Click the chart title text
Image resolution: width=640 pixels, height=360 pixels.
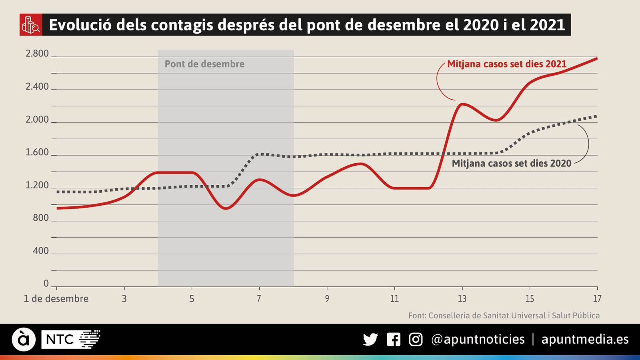pos(306,25)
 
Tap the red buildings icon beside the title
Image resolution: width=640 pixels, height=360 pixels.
pos(31,25)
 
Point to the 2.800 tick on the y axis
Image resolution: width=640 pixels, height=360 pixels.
pos(37,54)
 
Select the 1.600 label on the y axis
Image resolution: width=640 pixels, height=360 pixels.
pos(37,152)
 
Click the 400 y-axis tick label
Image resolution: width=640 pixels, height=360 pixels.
pos(40,251)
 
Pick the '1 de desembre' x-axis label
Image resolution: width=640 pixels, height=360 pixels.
pos(56,299)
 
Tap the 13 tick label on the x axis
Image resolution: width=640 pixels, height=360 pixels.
pos(462,299)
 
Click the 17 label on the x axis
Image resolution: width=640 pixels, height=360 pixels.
pos(597,299)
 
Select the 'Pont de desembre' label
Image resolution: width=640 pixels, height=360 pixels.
pos(204,64)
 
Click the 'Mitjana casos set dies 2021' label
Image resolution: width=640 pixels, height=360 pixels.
pos(507,64)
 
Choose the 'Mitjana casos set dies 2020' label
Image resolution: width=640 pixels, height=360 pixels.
pos(511,163)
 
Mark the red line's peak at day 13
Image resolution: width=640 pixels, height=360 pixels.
pos(462,104)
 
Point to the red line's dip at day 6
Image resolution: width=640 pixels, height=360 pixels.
pos(226,208)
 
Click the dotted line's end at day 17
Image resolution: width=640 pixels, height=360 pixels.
pos(596,116)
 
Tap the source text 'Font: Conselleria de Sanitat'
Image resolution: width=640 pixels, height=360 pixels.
pos(504,316)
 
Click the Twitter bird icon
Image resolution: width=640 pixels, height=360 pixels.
pos(370,340)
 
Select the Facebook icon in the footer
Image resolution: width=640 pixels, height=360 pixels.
pos(394,340)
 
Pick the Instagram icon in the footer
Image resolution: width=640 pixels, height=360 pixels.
pos(416,340)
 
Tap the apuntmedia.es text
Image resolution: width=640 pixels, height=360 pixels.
pos(585,340)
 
